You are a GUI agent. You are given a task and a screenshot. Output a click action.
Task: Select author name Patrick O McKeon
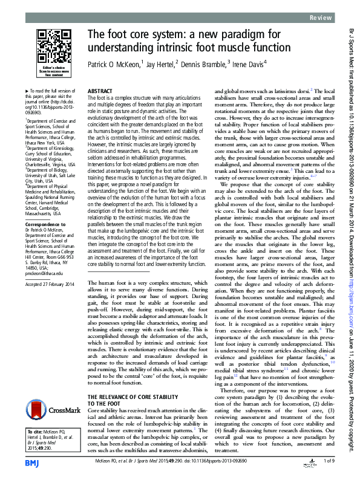point(113,63)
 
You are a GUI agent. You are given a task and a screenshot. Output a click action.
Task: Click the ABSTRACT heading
point(100,90)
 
